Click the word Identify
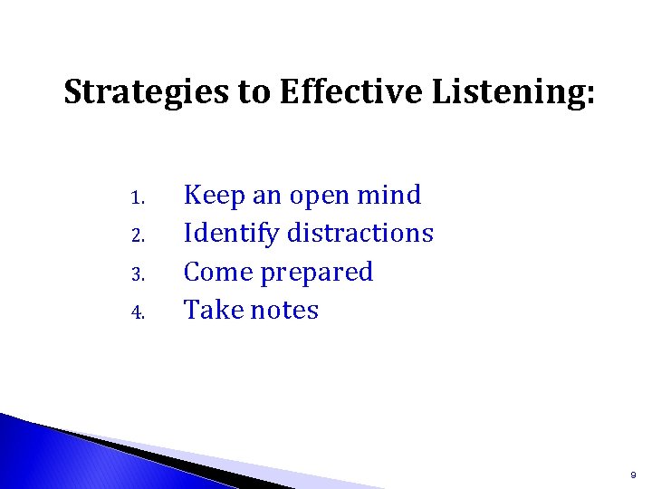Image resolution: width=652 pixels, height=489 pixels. [231, 234]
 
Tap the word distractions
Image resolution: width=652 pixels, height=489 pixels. [360, 233]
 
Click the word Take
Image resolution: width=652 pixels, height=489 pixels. [214, 310]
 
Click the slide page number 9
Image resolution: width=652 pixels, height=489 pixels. [634, 474]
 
